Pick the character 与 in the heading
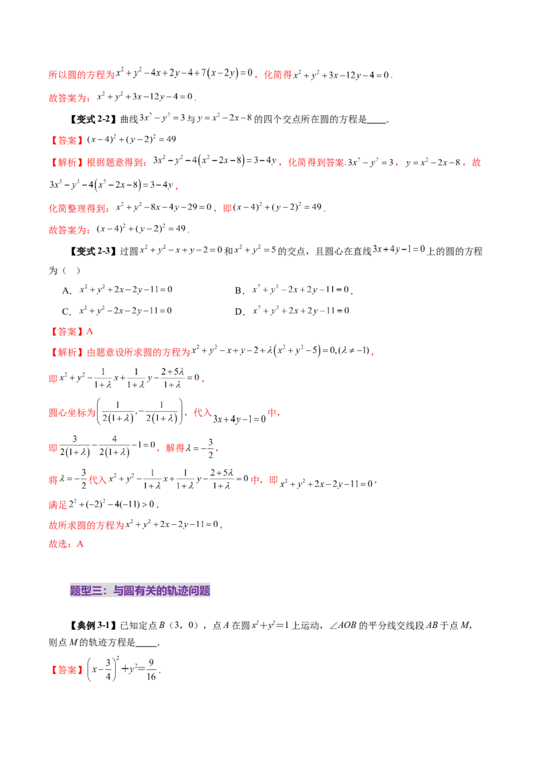[116, 590]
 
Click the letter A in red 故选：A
[80, 545]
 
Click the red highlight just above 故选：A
[86, 526]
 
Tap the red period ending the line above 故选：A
[221, 527]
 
